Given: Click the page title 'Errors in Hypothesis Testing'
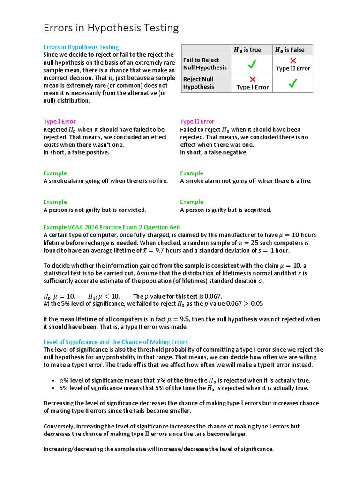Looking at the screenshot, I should pos(111,28).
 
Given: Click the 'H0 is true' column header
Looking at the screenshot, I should pos(247,50).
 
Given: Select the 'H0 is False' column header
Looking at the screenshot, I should pos(289,50).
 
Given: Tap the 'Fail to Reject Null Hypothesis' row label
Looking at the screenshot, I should pos(205,64).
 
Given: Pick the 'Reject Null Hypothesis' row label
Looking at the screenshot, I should pos(198,83).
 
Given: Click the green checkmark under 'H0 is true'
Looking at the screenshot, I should pos(252,64).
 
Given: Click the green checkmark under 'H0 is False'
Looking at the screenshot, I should pos(293,83).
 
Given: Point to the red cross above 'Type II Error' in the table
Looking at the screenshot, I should pos(293,60).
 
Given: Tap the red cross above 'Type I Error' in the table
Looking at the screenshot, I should pos(253,79).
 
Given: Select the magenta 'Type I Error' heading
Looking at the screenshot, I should pos(60,121).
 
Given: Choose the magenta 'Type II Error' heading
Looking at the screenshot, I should pos(197,121).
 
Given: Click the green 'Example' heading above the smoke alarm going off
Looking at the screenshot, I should pos(55,173).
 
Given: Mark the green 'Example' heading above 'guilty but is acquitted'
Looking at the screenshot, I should pos(192,202).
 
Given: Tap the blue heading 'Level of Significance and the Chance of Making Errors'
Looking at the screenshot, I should pos(116,342).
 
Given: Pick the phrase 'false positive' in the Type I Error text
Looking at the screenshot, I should pos(91,152).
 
